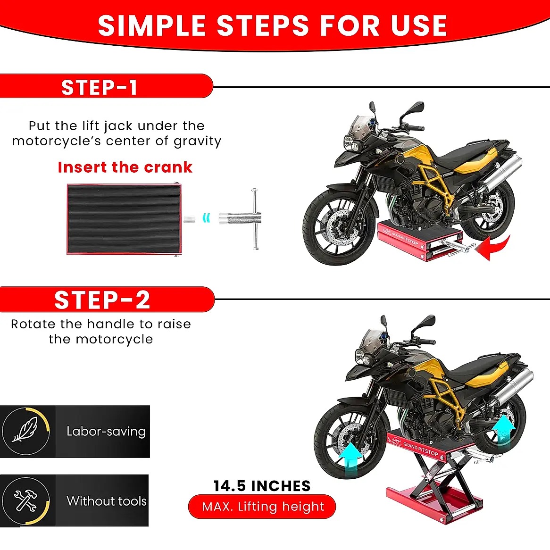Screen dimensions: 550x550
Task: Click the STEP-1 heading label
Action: pyautogui.click(x=99, y=87)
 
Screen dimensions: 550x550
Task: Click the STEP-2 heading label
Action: pyautogui.click(x=102, y=300)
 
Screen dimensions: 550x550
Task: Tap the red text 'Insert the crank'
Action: pyautogui.click(x=125, y=167)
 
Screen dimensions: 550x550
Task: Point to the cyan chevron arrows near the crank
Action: pyautogui.click(x=207, y=218)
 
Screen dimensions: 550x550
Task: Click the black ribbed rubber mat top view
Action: pyautogui.click(x=124, y=218)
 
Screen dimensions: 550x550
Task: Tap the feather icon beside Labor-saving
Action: pyautogui.click(x=25, y=430)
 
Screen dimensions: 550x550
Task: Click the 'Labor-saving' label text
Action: pyautogui.click(x=106, y=432)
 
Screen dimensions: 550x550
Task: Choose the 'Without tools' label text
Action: pyautogui.click(x=107, y=501)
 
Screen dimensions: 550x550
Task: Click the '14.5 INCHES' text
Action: pyautogui.click(x=262, y=486)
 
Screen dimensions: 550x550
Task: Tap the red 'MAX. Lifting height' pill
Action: pyautogui.click(x=262, y=507)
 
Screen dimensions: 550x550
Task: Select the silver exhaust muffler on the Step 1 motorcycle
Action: pyautogui.click(x=501, y=173)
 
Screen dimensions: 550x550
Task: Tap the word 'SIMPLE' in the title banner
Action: pyautogui.click(x=151, y=25)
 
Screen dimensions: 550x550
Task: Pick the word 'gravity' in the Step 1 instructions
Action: pyautogui.click(x=198, y=142)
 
